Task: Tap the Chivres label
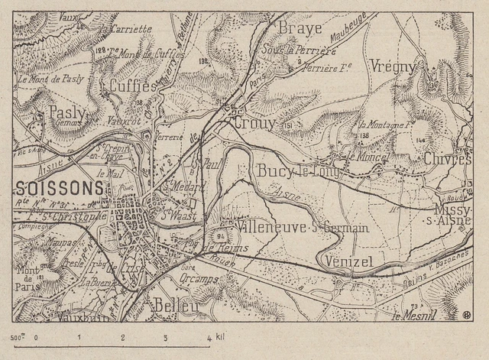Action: click(x=445, y=158)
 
